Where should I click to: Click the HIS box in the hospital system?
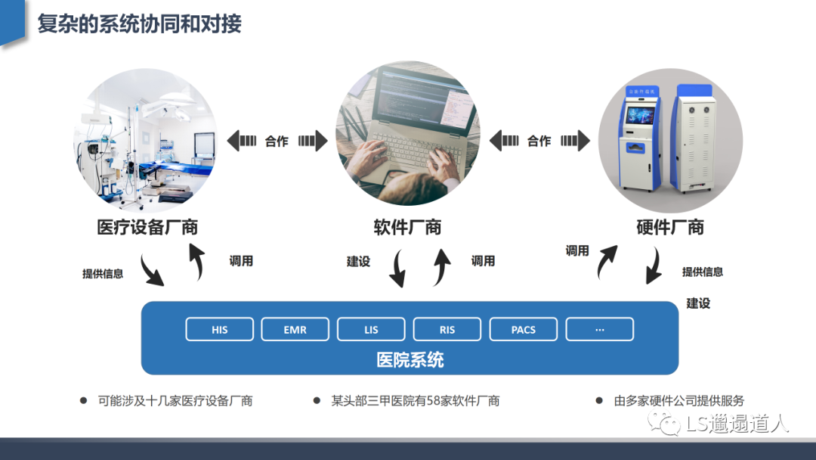click(220, 329)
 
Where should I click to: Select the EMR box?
click(295, 329)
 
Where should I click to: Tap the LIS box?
click(371, 329)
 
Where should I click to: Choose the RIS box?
click(447, 329)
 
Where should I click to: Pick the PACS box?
click(523, 329)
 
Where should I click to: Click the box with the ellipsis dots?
click(599, 329)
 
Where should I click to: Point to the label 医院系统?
click(410, 360)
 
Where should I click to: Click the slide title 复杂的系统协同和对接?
click(140, 24)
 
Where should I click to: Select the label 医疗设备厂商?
click(147, 227)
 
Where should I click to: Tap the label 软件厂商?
click(407, 227)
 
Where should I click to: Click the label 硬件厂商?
click(670, 227)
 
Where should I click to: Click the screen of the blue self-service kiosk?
click(640, 115)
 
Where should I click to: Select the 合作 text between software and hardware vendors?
click(539, 141)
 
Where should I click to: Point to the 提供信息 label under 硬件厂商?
click(703, 272)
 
